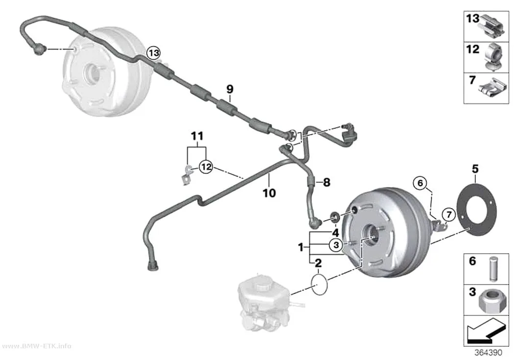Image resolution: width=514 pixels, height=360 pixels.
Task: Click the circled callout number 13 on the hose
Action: pos(154,52)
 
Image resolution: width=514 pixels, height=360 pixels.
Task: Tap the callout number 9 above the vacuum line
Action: pos(230,89)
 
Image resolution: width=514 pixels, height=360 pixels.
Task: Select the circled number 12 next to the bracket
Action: pos(206,167)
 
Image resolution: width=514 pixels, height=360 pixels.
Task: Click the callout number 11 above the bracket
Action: pos(197,136)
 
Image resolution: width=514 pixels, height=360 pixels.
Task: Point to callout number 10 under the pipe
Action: pos(269,193)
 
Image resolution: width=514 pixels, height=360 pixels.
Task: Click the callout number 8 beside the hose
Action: pos(327,182)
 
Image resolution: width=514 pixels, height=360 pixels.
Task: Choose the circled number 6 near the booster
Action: pos(421,183)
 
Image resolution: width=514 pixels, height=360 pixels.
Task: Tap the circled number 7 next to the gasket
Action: pos(449,215)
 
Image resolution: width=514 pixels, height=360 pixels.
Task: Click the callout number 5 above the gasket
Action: pos(475,169)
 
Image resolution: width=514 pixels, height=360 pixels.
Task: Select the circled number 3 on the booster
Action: pos(336,244)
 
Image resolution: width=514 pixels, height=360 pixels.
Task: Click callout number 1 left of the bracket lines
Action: pos(301,247)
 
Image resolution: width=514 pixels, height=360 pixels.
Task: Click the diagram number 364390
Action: pos(488,353)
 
